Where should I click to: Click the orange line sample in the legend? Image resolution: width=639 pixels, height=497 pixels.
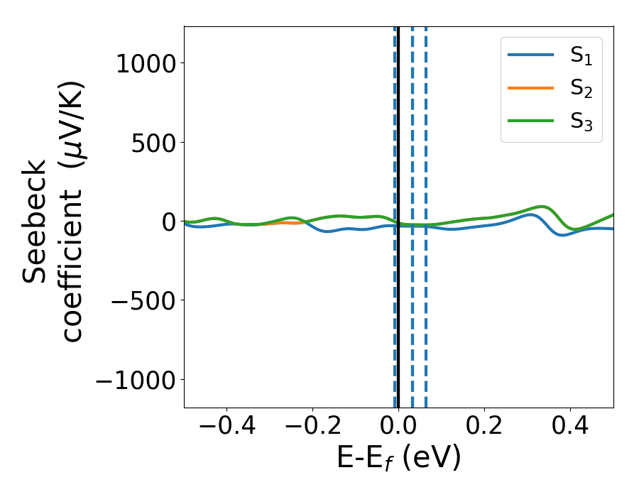(530, 88)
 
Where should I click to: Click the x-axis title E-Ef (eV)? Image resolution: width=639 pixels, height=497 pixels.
(398, 458)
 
